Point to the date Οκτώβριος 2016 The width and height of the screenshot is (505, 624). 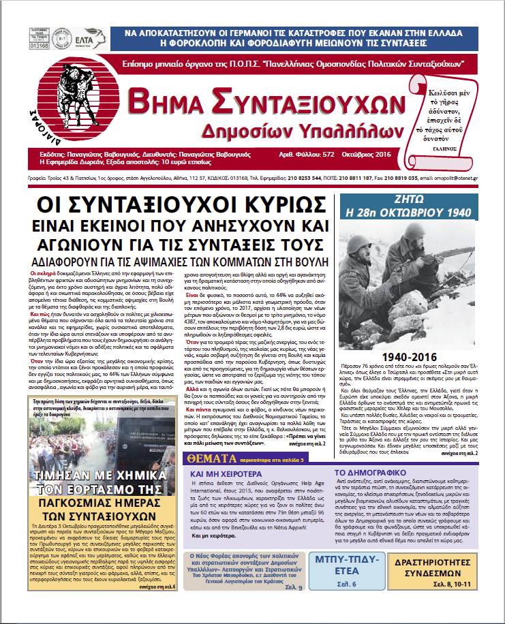365,154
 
